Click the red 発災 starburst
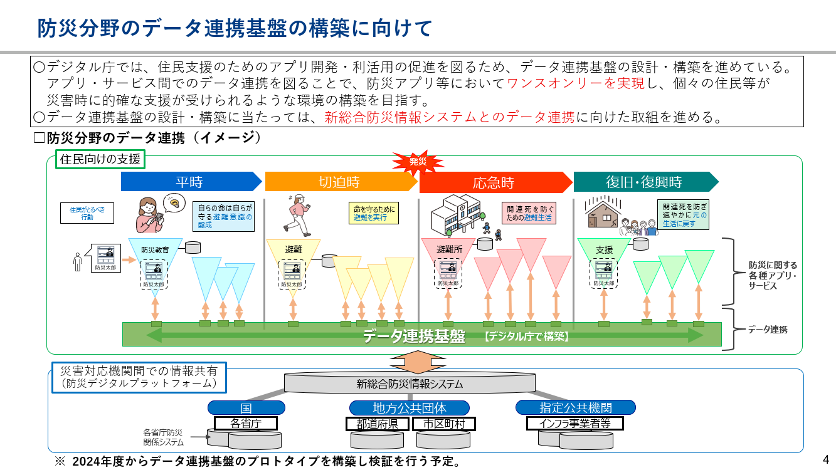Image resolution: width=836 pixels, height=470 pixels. pyautogui.click(x=418, y=162)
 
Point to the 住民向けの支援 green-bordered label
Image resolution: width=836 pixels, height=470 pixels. pyautogui.click(x=100, y=159)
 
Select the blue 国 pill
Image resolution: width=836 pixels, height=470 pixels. pyautogui.click(x=246, y=408)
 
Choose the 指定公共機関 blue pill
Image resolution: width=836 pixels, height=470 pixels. pyautogui.click(x=575, y=408)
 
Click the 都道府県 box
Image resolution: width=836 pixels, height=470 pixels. pyautogui.click(x=378, y=424)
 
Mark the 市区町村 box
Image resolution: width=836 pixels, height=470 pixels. pyautogui.click(x=444, y=424)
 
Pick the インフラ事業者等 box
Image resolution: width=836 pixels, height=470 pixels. pyautogui.click(x=575, y=423)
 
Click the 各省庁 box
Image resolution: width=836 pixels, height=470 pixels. pyautogui.click(x=246, y=423)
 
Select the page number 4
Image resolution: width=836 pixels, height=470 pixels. pyautogui.click(x=826, y=458)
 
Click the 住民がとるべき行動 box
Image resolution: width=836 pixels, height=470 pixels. pyautogui.click(x=87, y=213)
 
